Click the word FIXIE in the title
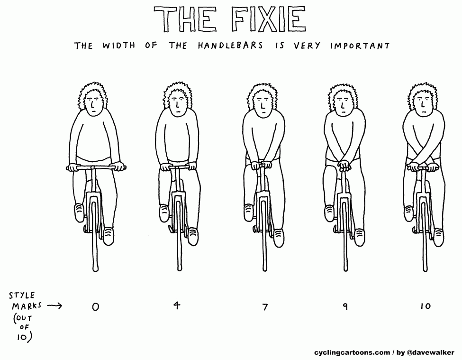pos(268,19)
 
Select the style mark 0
pos(96,307)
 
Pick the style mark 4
pos(176,305)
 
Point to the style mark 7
pos(265,307)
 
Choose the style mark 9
pos(345,306)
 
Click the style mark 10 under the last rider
pos(425,306)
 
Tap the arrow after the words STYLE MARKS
pos(55,305)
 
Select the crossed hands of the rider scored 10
pos(420,167)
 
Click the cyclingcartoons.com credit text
pos(352,352)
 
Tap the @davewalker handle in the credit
pos(431,352)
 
